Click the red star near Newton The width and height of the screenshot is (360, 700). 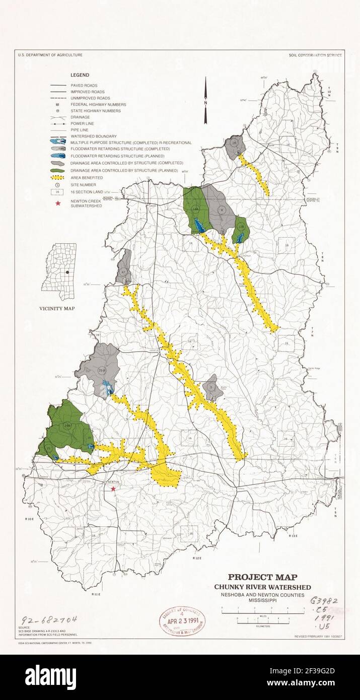click(x=114, y=489)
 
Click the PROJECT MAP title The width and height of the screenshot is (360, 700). click(x=262, y=578)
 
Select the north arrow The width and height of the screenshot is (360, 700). click(x=205, y=101)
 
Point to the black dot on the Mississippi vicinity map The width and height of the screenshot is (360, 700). click(x=66, y=272)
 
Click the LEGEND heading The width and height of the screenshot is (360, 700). click(x=80, y=75)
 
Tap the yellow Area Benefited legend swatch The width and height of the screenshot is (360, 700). click(x=58, y=178)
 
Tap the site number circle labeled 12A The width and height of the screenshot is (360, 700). click(x=241, y=227)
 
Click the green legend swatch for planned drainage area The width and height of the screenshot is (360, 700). click(x=58, y=171)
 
